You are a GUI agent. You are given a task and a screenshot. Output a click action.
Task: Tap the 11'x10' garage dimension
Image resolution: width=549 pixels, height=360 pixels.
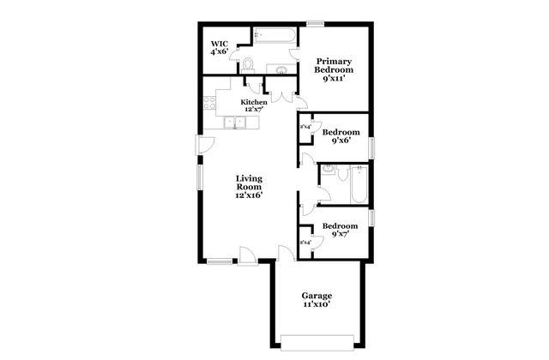[316, 304]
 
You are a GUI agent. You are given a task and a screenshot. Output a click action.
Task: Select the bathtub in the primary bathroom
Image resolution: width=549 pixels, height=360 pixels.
[274, 36]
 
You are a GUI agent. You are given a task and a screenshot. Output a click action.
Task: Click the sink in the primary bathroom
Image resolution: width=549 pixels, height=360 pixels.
[281, 68]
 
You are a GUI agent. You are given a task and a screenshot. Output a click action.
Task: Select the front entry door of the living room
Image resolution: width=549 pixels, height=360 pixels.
[246, 255]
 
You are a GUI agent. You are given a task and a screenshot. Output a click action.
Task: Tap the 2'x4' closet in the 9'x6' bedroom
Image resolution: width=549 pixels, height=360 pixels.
[305, 129]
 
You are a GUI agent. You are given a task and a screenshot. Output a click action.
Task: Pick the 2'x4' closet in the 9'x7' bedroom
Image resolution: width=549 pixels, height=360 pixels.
[305, 243]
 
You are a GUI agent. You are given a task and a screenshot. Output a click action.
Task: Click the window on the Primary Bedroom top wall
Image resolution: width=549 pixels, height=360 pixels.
[316, 24]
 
